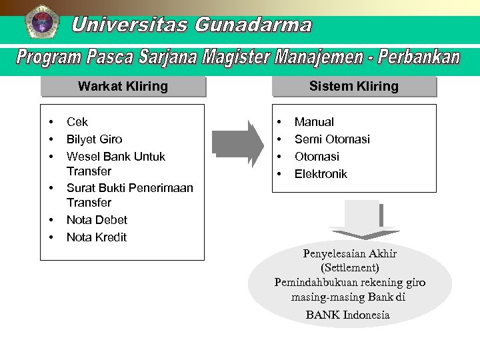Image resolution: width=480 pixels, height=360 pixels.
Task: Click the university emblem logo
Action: tap(42, 22)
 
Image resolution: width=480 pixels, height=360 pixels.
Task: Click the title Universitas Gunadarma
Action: tap(191, 25)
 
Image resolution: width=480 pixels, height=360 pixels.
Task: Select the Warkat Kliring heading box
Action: tap(123, 87)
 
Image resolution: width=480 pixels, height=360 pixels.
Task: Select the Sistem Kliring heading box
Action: tap(353, 87)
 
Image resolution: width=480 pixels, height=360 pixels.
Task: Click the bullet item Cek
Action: tap(77, 122)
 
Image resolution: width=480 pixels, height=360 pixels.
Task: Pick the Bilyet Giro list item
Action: tap(94, 139)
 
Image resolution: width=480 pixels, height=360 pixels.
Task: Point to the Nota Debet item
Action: tap(97, 220)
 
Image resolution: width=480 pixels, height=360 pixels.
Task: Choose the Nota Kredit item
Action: tap(97, 237)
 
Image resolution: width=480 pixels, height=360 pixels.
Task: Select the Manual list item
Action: tap(314, 122)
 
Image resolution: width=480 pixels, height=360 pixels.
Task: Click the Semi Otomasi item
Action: tap(332, 139)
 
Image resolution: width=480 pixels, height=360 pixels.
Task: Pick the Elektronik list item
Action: tap(321, 174)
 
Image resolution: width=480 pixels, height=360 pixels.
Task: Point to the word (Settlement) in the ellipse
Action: tap(350, 268)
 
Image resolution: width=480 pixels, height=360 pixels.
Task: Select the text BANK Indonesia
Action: tap(347, 315)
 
